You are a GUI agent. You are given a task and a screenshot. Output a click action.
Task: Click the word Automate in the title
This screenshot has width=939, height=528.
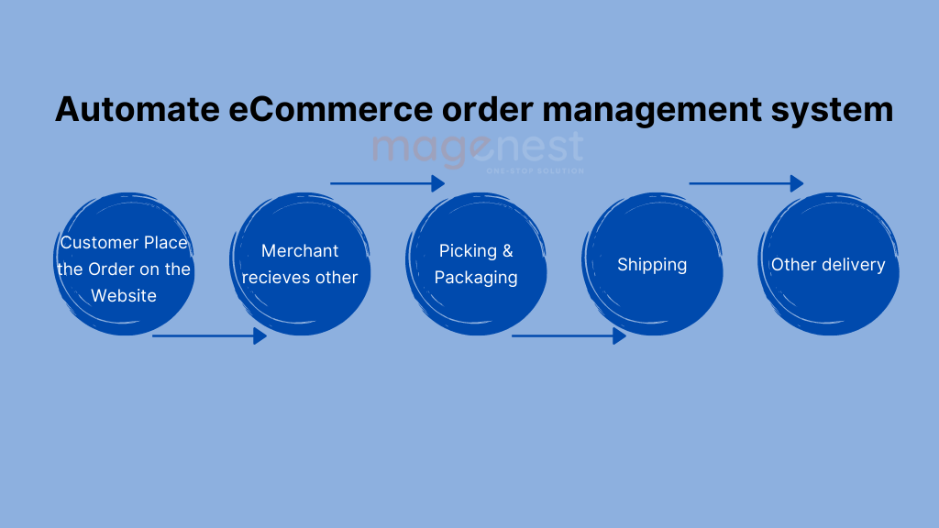(138, 110)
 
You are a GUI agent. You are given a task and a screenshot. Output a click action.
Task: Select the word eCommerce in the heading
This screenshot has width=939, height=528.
(330, 110)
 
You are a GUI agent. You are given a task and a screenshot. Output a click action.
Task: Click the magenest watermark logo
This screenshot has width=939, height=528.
(478, 149)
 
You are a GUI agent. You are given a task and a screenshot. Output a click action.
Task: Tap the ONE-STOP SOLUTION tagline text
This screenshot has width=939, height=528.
(535, 171)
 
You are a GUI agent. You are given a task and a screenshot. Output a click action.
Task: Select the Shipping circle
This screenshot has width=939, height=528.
(652, 263)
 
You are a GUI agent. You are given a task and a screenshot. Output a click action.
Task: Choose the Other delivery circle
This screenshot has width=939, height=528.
(828, 263)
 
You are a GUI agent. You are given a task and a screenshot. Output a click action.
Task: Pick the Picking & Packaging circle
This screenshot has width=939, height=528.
(476, 263)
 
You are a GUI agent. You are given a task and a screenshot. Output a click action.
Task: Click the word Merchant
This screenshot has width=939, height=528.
(300, 251)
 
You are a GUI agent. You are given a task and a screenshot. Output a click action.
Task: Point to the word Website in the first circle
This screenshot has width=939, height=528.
(124, 296)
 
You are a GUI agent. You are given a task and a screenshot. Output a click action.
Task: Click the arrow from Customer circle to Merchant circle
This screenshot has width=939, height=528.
(209, 335)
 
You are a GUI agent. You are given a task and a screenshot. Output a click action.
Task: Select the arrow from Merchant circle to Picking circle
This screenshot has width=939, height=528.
(388, 183)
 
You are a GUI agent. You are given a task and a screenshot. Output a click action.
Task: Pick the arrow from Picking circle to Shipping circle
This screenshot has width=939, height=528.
(569, 335)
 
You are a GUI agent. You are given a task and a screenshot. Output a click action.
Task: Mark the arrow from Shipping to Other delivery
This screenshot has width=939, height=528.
(746, 183)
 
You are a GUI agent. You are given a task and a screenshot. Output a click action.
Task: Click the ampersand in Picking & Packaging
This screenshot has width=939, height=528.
(507, 251)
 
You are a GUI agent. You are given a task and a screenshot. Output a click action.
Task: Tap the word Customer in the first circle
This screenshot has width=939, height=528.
(99, 242)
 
